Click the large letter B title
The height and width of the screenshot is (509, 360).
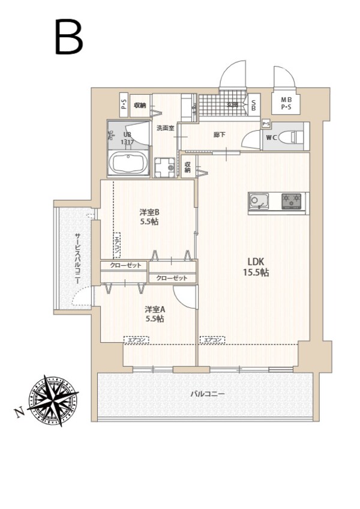[x=68, y=37]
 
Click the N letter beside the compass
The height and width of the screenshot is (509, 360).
[x=19, y=412]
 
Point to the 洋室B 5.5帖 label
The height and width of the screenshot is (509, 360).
[x=149, y=217]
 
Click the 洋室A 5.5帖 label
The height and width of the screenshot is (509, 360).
[x=154, y=314]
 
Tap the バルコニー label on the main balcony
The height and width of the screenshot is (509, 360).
[x=208, y=394]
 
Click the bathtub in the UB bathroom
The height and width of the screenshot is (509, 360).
[x=128, y=163]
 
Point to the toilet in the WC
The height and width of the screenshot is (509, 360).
[x=293, y=136]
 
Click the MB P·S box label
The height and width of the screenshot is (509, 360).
[x=287, y=103]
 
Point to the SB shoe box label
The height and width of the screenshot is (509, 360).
[x=253, y=106]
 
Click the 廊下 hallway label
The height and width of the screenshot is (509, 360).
[x=220, y=135]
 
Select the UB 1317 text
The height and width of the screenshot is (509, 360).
[x=127, y=139]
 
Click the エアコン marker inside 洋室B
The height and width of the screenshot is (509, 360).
[x=117, y=246]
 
